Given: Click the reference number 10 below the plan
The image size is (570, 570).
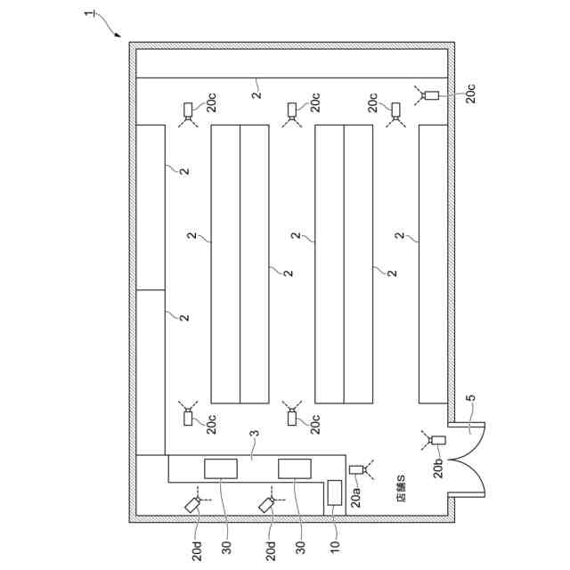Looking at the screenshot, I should (335, 545).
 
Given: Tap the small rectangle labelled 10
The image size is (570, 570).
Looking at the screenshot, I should (335, 493).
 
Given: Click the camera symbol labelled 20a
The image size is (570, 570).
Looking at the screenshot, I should (358, 469).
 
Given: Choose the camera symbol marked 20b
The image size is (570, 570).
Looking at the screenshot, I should (436, 439).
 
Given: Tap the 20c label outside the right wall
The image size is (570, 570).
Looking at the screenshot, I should (471, 93).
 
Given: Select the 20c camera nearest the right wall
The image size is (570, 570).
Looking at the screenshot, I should (432, 94).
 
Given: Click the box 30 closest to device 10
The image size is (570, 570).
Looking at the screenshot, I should (295, 468).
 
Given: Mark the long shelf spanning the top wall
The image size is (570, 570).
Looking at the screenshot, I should (291, 63).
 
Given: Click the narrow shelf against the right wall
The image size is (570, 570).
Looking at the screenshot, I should (433, 264).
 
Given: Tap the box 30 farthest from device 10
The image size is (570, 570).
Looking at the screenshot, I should (220, 468).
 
